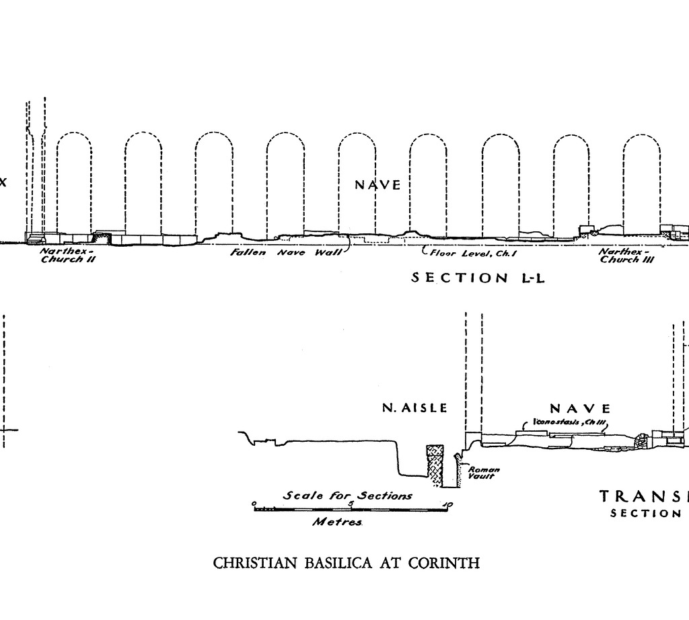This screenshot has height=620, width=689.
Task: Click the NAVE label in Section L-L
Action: click(x=377, y=185)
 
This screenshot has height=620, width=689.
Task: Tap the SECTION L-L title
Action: click(x=478, y=278)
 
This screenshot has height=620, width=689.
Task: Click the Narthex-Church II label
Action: click(x=68, y=256)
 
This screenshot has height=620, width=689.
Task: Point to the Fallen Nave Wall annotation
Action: click(x=286, y=253)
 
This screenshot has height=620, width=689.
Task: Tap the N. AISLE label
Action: click(x=414, y=408)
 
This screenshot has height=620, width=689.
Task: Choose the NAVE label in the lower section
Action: click(x=581, y=408)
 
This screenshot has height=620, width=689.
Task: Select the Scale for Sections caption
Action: click(x=348, y=496)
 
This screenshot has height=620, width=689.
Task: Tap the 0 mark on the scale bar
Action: click(x=254, y=504)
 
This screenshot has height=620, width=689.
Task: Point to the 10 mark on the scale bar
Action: click(x=448, y=504)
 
